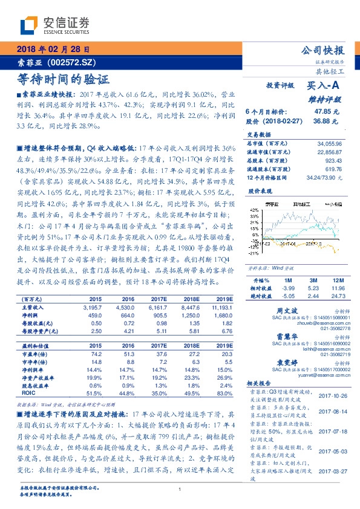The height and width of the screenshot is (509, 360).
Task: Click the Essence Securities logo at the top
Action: [x=55, y=24]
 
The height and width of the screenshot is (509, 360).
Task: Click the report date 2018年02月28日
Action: [x=49, y=50]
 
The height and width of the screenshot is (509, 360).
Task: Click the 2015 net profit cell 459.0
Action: [x=96, y=315]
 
